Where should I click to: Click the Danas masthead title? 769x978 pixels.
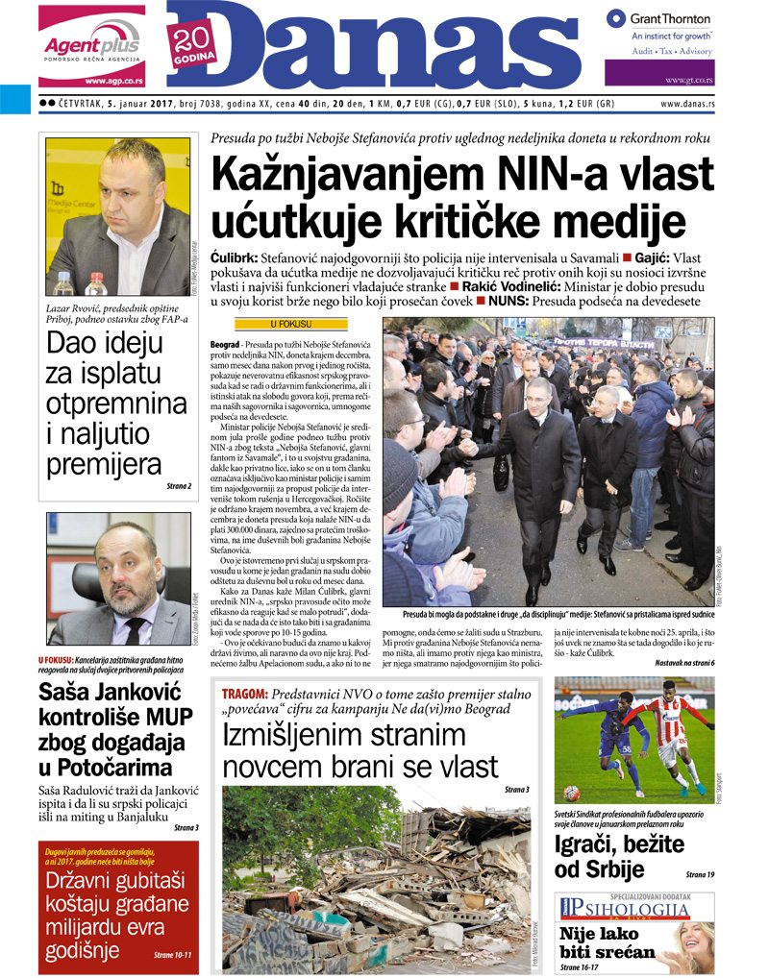pos(384,48)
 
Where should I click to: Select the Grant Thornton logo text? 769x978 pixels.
pos(670,18)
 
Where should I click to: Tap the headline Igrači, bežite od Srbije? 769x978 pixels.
pos(619,857)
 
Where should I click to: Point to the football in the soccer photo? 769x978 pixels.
pos(571,794)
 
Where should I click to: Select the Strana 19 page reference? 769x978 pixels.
pos(699,875)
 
